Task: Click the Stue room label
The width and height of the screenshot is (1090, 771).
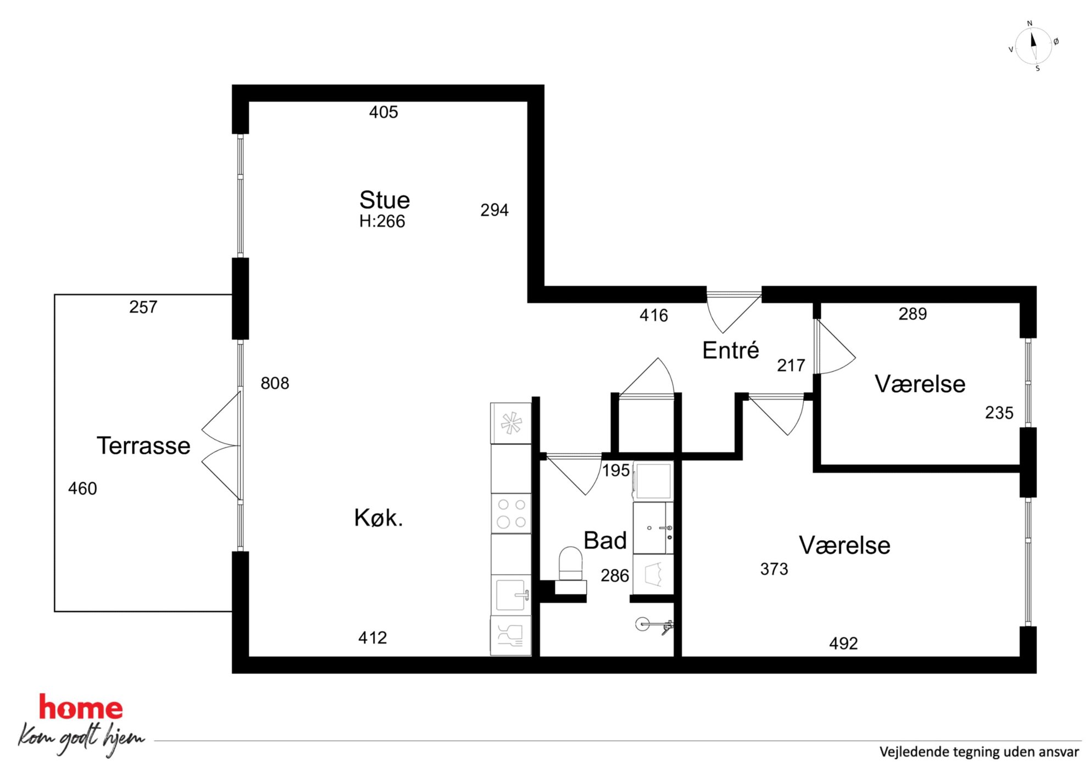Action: pos(385,200)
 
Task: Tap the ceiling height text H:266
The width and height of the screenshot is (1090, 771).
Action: pos(382,221)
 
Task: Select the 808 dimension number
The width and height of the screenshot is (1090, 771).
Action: pos(275,383)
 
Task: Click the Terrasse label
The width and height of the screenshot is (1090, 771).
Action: pos(143,445)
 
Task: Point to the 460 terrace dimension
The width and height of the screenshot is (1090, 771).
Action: pos(82,489)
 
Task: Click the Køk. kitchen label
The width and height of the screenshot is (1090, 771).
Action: pos(379,518)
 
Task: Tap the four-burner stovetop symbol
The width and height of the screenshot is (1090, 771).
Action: pos(511,513)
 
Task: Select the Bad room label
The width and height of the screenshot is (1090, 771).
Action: pos(605,541)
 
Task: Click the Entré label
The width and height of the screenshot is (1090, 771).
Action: pos(731,351)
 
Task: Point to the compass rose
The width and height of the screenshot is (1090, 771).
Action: pos(1033,46)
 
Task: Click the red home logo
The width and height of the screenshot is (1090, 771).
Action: pos(81,707)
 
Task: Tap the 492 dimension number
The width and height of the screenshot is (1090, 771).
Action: pos(843,644)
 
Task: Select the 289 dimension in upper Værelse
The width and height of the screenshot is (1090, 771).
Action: pos(913,314)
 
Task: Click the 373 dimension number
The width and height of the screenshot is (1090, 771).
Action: pos(774,569)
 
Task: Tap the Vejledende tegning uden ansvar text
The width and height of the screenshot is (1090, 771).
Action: pos(979,752)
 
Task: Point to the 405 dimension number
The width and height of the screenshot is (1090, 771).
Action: pos(383,112)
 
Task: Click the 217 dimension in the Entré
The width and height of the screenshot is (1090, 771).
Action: pos(791,365)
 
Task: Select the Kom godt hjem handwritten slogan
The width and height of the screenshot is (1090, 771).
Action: pos(81,738)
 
